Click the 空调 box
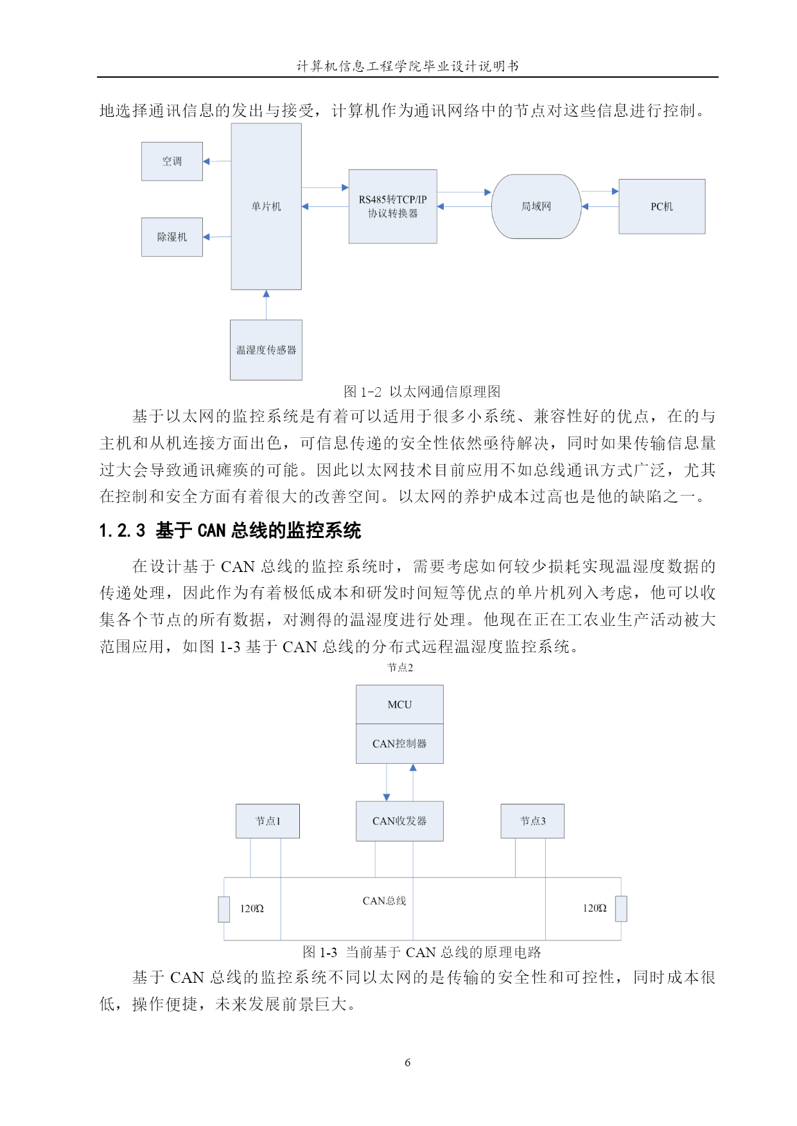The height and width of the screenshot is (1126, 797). [x=172, y=161]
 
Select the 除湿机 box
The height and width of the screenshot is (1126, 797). [x=172, y=237]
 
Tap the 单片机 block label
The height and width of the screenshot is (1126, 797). [x=267, y=206]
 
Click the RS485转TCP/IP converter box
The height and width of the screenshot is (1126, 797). [x=393, y=206]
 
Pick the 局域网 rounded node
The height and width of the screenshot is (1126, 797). [x=536, y=206]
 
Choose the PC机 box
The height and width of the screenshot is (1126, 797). [x=662, y=206]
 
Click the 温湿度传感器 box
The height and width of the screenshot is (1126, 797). [x=267, y=350]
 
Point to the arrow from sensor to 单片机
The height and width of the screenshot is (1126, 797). [x=267, y=305]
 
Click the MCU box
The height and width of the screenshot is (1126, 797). [x=400, y=705]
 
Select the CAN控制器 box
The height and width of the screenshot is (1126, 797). [x=400, y=744]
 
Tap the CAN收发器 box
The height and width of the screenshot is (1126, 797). [x=400, y=821]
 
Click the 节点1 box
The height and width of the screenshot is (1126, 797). [x=268, y=821]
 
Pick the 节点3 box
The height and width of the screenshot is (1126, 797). [x=533, y=821]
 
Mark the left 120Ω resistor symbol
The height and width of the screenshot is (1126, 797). [x=224, y=909]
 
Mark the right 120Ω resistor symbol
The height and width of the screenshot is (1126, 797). [x=621, y=908]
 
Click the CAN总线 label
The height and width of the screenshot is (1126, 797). [x=385, y=901]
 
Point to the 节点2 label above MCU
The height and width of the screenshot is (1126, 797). [x=400, y=668]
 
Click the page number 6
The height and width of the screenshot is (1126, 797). [x=408, y=1062]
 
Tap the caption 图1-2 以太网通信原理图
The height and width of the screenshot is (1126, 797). [x=422, y=392]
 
